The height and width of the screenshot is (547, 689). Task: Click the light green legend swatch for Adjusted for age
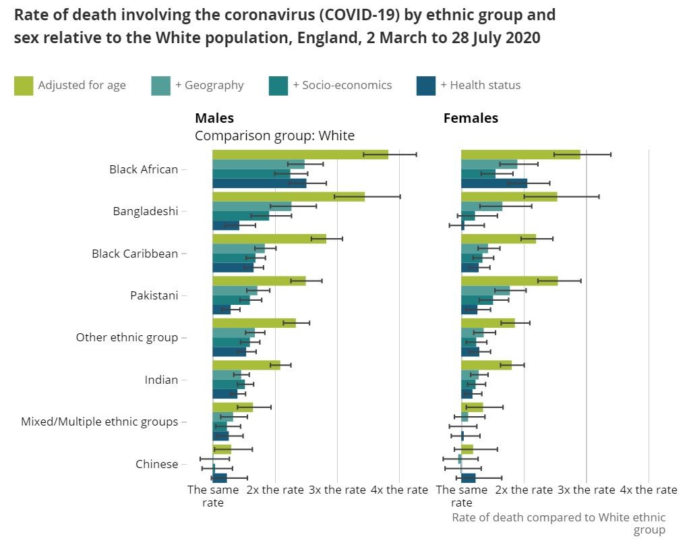[x=24, y=86]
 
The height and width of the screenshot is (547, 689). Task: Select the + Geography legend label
[x=210, y=85]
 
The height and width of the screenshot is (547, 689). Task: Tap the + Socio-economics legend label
[x=342, y=85]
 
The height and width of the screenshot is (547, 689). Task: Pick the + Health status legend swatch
[x=426, y=86]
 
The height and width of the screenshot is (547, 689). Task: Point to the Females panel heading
[x=471, y=118]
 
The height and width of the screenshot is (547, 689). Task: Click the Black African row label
[x=144, y=169]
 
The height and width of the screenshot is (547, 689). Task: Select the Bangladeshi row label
[x=146, y=211]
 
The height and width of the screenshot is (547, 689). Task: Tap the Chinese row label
[x=156, y=464]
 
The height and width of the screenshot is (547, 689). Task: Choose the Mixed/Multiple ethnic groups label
[x=100, y=422]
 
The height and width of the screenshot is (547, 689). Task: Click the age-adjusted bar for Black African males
[x=300, y=154]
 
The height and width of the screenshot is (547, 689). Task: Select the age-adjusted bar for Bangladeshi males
[x=289, y=197]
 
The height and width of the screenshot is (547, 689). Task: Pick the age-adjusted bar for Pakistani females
[x=509, y=281]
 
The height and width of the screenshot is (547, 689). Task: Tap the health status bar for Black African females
[x=493, y=183]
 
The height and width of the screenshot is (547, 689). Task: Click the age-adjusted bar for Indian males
[x=246, y=365]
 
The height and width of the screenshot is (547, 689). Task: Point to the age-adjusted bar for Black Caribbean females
[x=498, y=239]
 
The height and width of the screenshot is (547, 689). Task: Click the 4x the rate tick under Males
[x=399, y=490]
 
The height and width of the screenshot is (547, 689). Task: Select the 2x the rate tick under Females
[x=524, y=490]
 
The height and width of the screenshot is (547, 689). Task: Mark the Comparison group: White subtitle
[x=274, y=136]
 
